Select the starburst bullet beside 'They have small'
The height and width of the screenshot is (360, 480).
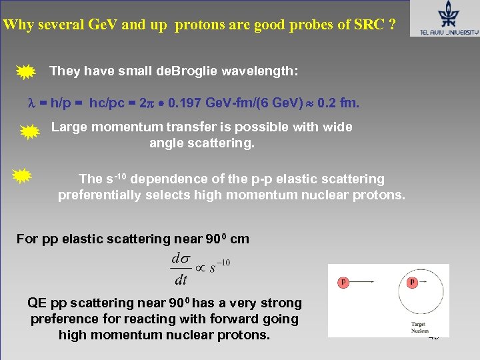point(25,71)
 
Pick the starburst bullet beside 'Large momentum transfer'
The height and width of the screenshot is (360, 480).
point(30,133)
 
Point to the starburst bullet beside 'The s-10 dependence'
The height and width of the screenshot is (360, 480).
point(23,176)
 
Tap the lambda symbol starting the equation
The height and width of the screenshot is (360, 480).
point(29,103)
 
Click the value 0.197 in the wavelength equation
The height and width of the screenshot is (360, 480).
point(184,103)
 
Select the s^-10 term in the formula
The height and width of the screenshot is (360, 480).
point(219,266)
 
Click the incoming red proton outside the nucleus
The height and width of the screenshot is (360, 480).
point(344,282)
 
